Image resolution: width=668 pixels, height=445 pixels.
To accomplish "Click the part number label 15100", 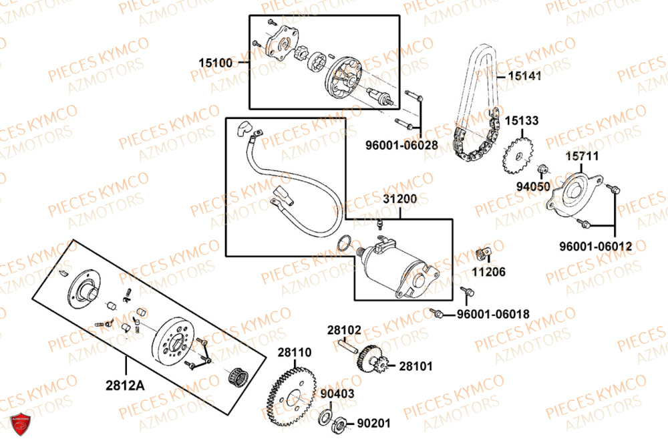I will point(215,63).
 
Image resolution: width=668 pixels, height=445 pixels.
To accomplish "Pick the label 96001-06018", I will point(494,315).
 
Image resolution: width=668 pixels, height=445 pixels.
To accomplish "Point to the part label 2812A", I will point(125,384).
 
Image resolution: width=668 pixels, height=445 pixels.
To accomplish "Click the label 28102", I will point(344,330).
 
